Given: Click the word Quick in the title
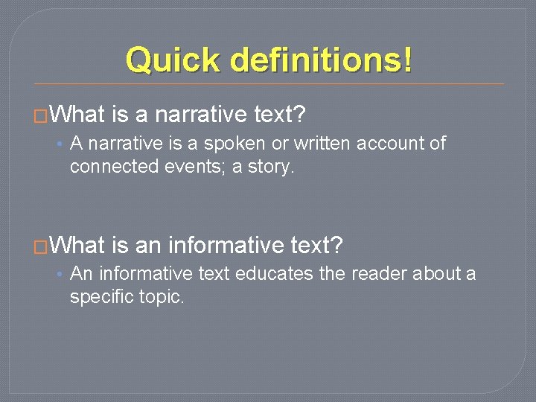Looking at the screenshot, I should click(x=173, y=60).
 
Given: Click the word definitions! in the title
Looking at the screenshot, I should click(x=322, y=60).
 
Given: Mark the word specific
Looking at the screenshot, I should click(x=102, y=296).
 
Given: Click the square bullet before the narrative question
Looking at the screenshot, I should click(x=41, y=116).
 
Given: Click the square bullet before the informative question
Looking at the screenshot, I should click(x=41, y=246).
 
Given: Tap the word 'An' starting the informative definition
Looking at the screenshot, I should click(x=81, y=273).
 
